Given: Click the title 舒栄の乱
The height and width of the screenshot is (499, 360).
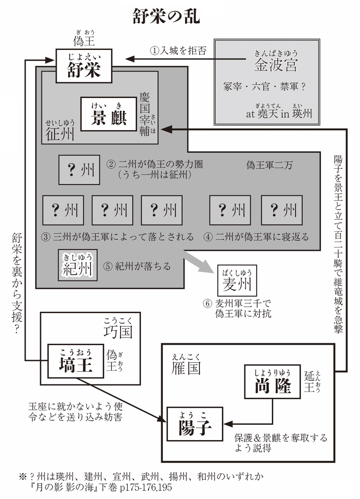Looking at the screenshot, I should [x=166, y=17].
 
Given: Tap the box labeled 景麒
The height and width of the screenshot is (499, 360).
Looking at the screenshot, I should [x=108, y=114].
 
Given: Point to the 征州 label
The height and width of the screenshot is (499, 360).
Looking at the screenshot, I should [x=60, y=133].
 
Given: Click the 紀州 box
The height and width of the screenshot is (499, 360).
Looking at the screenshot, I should [x=77, y=265].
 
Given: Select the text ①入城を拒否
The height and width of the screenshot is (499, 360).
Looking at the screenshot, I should [x=179, y=50].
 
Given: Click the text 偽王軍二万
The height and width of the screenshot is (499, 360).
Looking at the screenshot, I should [x=269, y=165].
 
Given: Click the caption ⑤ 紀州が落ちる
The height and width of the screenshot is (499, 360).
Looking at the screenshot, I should [x=138, y=266].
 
